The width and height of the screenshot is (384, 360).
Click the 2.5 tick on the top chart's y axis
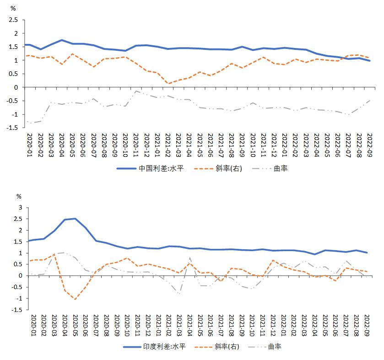tap(13, 20)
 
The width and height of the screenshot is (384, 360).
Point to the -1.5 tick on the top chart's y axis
tap(12, 128)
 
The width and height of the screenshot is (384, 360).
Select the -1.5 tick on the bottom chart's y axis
tap(16, 310)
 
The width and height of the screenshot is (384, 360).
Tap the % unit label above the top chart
tap(13, 8)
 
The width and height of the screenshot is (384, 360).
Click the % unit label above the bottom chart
tap(19, 196)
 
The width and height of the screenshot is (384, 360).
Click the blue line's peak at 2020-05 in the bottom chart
tap(75, 219)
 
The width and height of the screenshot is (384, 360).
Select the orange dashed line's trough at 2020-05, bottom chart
tap(75, 299)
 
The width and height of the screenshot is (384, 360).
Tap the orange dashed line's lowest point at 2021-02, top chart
tap(169, 84)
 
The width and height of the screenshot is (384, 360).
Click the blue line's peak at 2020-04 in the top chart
tap(62, 40)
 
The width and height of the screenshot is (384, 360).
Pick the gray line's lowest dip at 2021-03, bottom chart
tap(179, 294)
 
